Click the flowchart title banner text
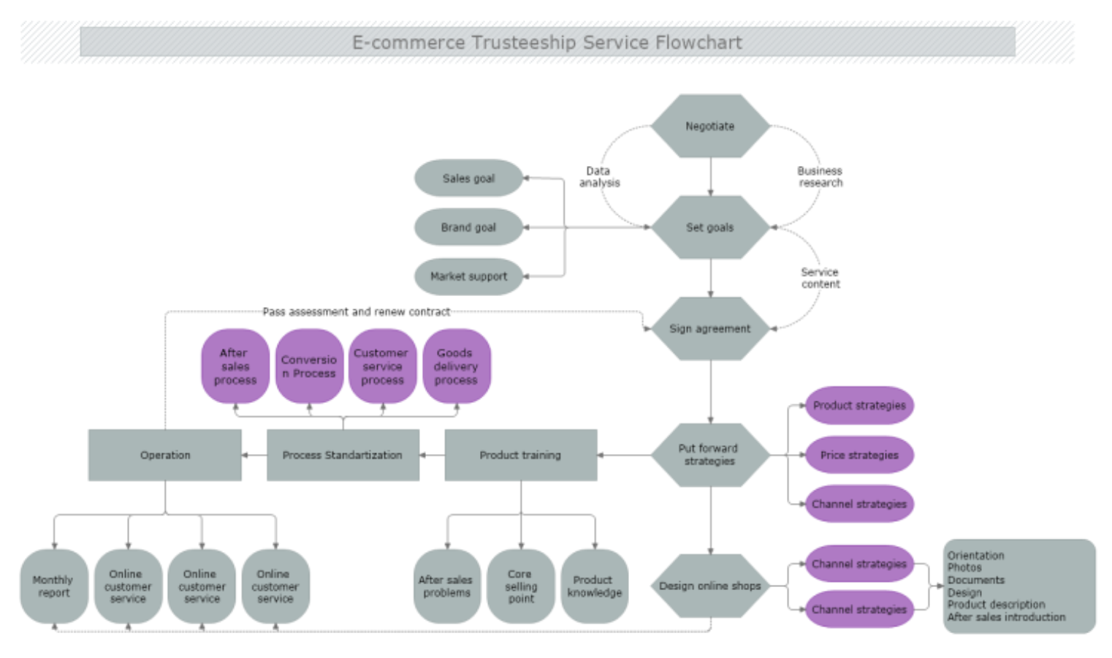tap(547, 42)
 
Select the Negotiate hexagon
tap(709, 126)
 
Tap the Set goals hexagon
tap(709, 227)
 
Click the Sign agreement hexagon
tap(709, 329)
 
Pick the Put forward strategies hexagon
tap(709, 455)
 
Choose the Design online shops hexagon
tap(709, 586)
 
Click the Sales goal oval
tap(468, 178)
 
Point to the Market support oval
tap(468, 276)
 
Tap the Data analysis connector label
tap(599, 177)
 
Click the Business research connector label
tap(820, 177)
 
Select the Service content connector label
tap(820, 278)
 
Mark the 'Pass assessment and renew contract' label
tap(356, 312)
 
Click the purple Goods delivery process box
tap(456, 366)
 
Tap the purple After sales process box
tap(235, 366)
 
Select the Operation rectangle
tap(165, 455)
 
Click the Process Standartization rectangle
tap(343, 455)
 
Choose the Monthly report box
tap(53, 586)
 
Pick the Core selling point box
tap(521, 586)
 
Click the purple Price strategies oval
tap(859, 455)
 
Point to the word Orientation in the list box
tap(975, 556)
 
